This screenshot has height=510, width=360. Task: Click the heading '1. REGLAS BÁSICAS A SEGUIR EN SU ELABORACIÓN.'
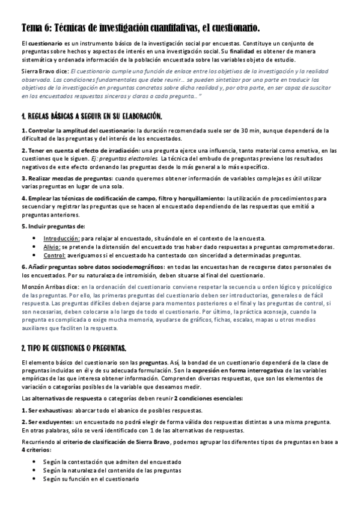click(x=91, y=115)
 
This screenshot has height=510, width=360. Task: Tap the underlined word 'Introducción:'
click(x=63, y=239)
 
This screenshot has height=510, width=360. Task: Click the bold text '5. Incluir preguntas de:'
click(x=53, y=226)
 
